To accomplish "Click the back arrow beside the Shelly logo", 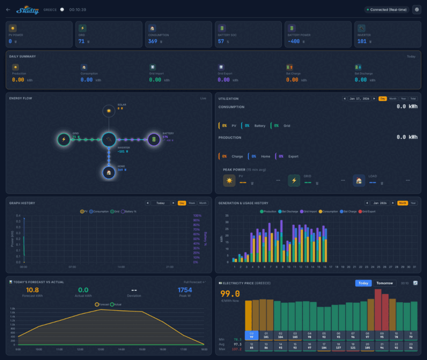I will [x=8, y=9].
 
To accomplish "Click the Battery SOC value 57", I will [x=221, y=41].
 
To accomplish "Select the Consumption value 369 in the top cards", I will [x=152, y=41].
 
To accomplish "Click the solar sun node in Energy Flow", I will [x=108, y=111].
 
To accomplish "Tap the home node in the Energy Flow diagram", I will [x=108, y=172].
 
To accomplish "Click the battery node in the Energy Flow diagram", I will [x=153, y=139].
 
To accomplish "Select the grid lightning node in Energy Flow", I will [x=64, y=139].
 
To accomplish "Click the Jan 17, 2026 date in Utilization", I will [x=360, y=99].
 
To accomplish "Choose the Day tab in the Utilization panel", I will [x=382, y=99].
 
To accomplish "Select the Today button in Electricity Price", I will [x=363, y=282].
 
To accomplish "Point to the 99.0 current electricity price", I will [x=230, y=294].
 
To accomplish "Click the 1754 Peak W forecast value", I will [x=185, y=290].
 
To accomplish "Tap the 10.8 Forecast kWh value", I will [x=32, y=290].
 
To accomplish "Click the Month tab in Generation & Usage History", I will [x=402, y=203].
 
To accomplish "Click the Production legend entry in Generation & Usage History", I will [x=268, y=211].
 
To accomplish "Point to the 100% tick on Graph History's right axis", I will [x=197, y=216].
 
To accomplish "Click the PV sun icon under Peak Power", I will [x=229, y=181].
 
